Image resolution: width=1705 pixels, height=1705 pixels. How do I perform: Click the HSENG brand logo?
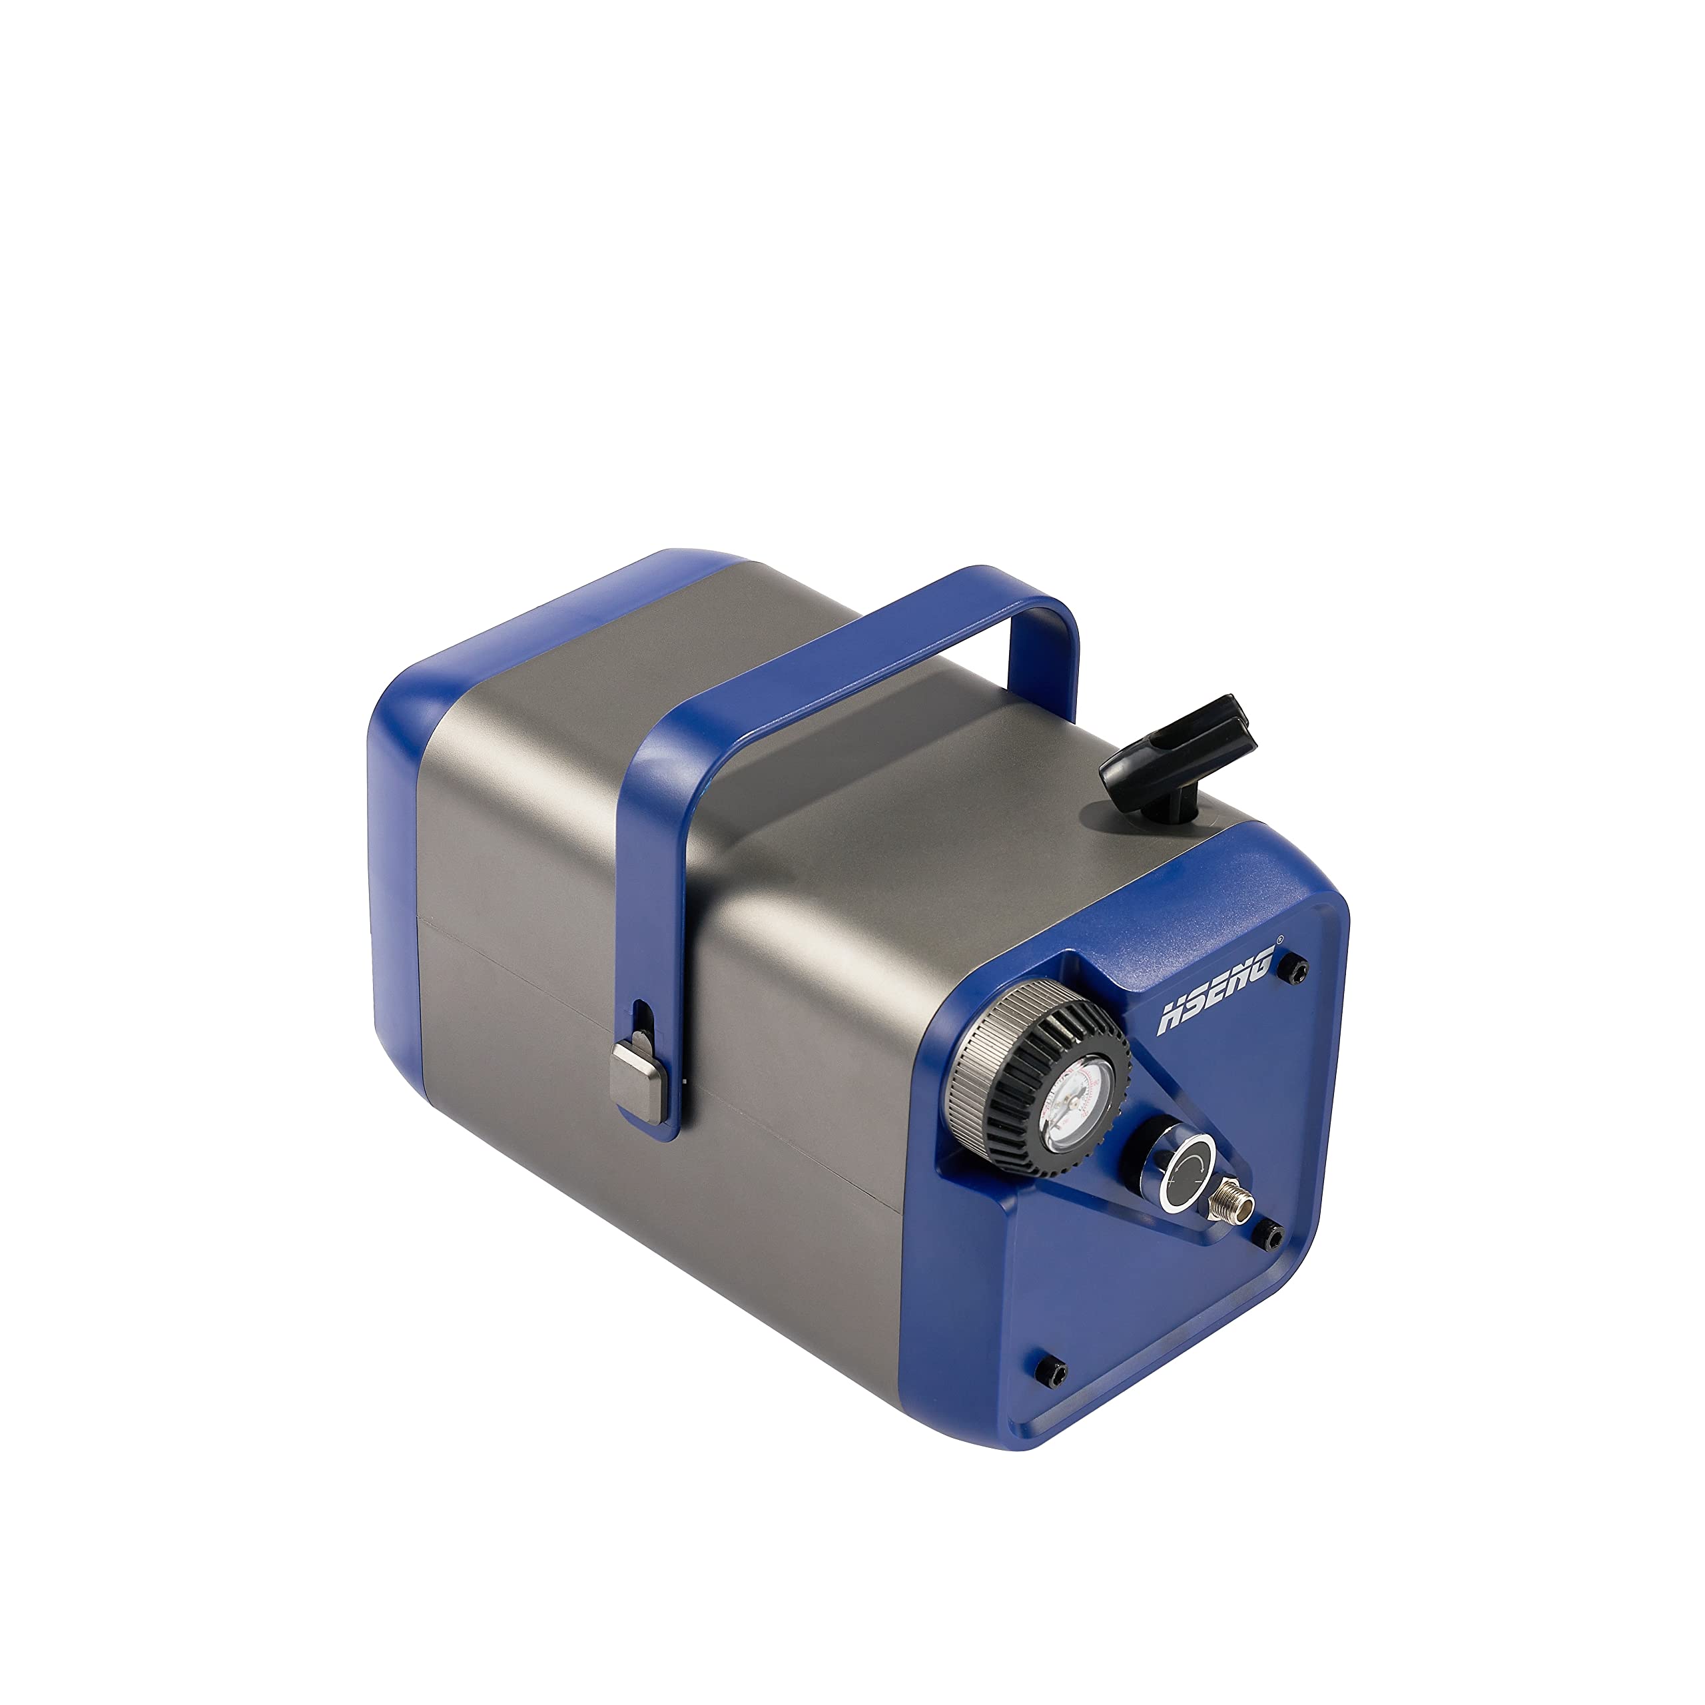pos(1216,988)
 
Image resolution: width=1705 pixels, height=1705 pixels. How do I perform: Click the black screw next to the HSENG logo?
pos(1297,969)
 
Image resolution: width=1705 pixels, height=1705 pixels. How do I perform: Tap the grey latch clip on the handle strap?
pos(638,1083)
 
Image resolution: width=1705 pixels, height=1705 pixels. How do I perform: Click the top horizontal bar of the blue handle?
pos(847,666)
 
